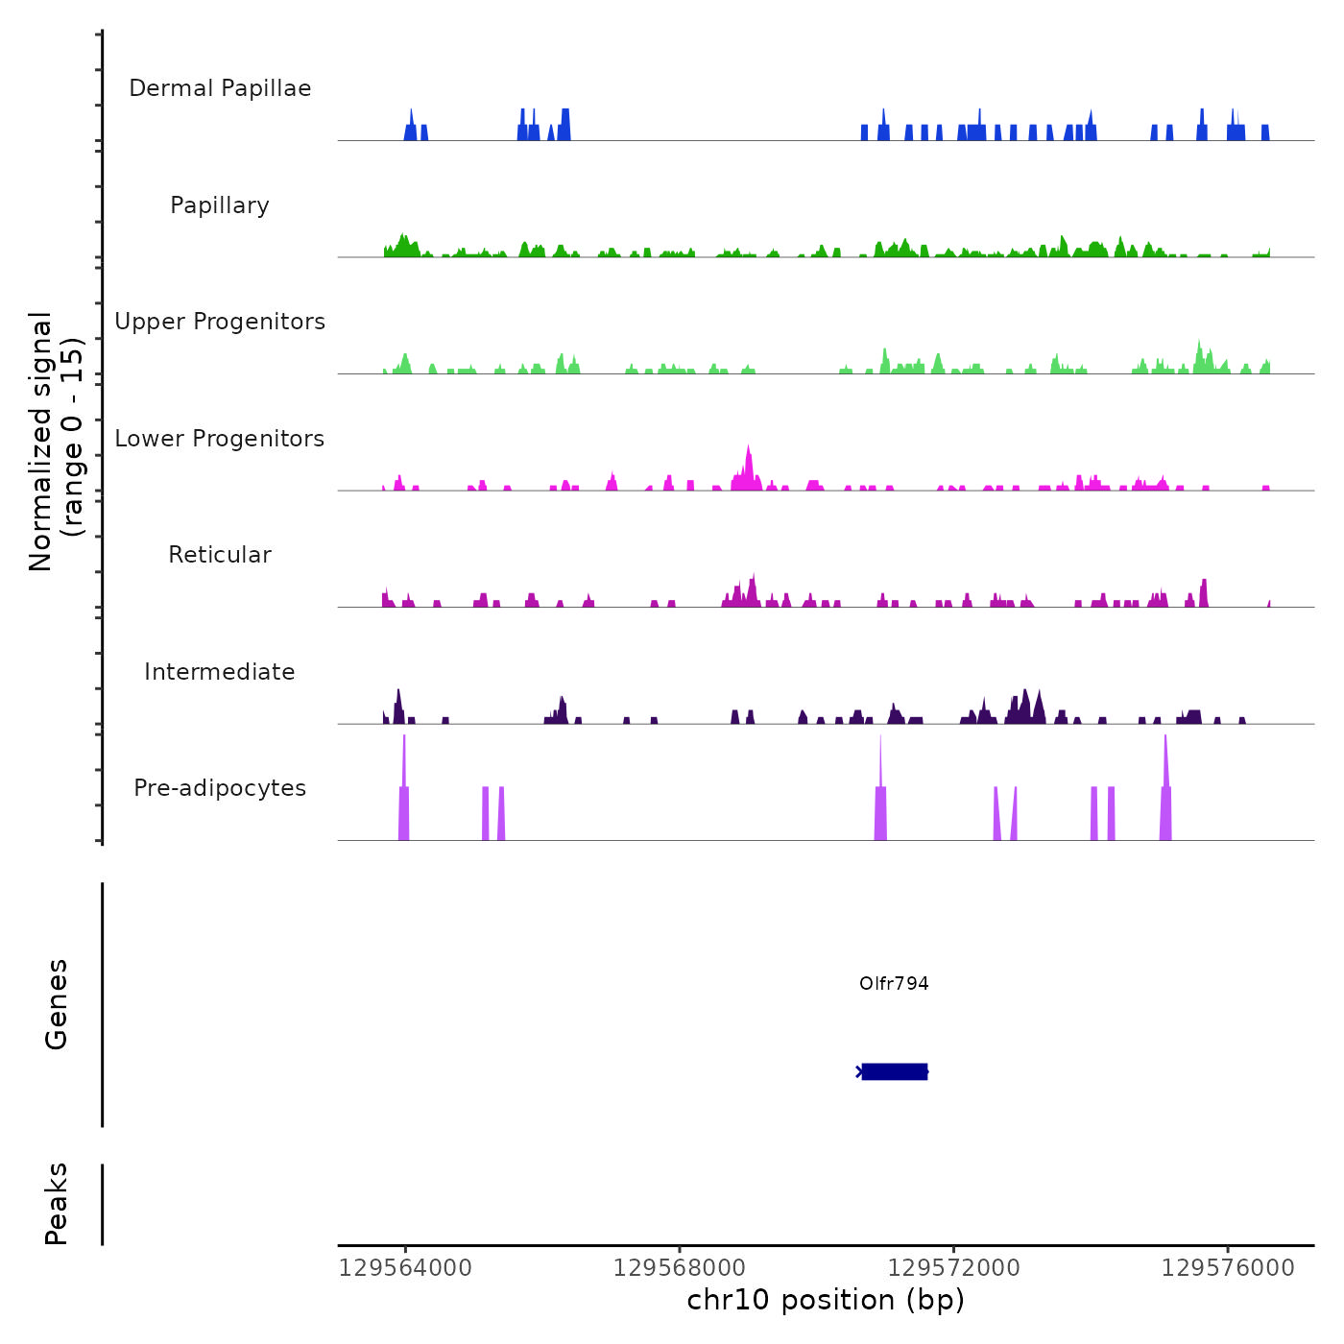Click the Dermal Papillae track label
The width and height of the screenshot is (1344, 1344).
pos(220,88)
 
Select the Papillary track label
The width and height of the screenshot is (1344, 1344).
pos(220,205)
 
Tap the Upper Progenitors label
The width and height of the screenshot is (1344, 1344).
pos(220,322)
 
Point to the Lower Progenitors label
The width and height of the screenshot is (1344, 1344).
pos(220,439)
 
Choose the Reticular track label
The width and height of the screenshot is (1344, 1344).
pos(220,555)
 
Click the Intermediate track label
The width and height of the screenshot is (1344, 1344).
pos(220,672)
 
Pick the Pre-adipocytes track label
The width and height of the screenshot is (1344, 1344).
pos(220,788)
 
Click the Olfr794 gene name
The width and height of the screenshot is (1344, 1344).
pos(894,983)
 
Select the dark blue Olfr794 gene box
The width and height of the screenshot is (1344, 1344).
pos(894,1071)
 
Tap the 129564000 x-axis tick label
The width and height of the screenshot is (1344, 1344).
pos(405,1268)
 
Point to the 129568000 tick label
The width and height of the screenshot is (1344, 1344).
pos(679,1268)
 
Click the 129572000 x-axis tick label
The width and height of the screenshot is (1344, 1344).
pos(953,1268)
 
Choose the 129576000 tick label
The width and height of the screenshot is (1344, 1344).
pos(1228,1268)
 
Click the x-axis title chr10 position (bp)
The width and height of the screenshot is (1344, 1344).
pos(826,1301)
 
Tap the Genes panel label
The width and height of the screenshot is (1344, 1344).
pos(57,1004)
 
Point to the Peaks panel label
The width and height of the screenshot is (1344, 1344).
pos(57,1204)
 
